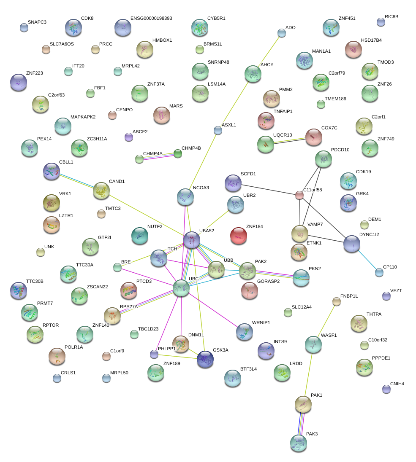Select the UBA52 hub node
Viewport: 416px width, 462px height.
(x=192, y=239)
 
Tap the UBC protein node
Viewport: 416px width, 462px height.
(x=181, y=288)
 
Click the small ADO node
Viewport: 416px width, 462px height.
(x=282, y=33)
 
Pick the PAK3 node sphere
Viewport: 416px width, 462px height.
(x=299, y=443)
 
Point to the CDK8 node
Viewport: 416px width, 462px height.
(x=73, y=27)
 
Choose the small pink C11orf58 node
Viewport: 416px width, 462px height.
(x=299, y=195)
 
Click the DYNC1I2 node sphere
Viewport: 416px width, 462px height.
(x=352, y=244)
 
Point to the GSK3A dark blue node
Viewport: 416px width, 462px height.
(x=205, y=359)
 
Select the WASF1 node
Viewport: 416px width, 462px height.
(x=313, y=344)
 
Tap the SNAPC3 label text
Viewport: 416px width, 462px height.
(x=37, y=22)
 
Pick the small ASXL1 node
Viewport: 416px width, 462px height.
(x=218, y=131)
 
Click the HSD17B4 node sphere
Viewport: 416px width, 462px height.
(x=353, y=49)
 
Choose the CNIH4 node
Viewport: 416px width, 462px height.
(x=386, y=389)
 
